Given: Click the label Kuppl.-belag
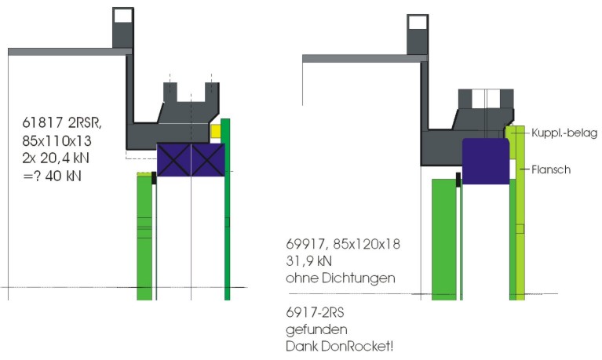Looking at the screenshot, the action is click(x=564, y=133).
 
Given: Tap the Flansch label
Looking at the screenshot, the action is click(x=551, y=169).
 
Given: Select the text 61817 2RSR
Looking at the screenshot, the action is click(x=62, y=123).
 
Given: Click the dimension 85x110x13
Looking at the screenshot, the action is click(x=57, y=141).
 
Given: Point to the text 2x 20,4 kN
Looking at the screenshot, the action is click(x=56, y=158).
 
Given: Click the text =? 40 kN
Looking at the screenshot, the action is click(x=53, y=176).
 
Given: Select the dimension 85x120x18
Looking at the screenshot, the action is click(x=367, y=244).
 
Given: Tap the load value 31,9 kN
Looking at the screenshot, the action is click(x=308, y=261).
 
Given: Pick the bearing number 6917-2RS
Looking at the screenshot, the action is click(x=315, y=312).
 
